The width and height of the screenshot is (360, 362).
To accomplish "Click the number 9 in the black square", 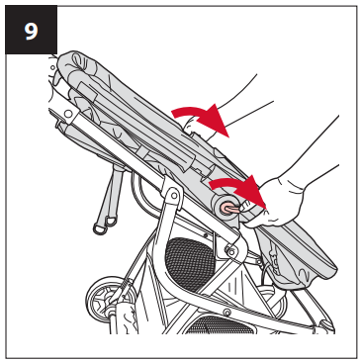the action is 31,31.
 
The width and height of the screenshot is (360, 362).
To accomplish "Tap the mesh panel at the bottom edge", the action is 221,325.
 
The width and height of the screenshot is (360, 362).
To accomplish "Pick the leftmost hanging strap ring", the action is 100,228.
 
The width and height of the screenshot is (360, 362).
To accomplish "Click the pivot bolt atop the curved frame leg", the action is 173,196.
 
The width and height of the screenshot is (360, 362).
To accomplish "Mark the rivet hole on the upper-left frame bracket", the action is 68,114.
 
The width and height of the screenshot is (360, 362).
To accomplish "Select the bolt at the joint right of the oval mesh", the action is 231,252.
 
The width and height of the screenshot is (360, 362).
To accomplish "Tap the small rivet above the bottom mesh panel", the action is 226,311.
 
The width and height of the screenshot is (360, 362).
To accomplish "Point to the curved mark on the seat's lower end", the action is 304,273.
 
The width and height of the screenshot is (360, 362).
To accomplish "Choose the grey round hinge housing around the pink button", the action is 225,208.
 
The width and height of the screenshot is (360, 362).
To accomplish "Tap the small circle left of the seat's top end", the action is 52,67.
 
